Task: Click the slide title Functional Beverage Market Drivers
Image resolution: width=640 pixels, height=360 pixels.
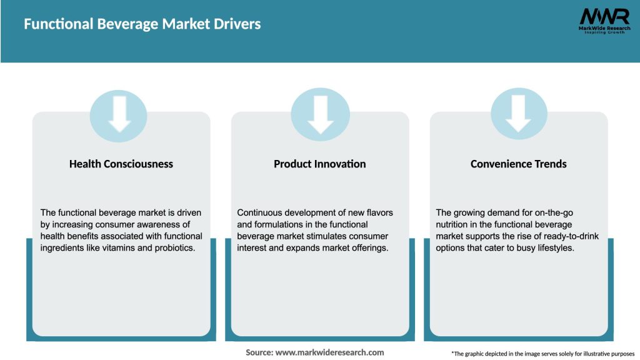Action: point(142,24)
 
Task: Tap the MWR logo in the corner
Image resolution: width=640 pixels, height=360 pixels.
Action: point(604,16)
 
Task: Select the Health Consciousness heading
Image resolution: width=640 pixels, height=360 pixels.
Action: point(121,164)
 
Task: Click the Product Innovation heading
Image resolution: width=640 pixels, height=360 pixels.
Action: point(320,164)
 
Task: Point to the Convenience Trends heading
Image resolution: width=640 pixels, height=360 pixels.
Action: point(519,164)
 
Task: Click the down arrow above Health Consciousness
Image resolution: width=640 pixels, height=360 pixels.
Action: point(119,114)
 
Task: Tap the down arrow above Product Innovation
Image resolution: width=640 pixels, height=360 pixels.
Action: point(320,114)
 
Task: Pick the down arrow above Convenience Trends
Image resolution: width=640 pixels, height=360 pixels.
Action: point(519,114)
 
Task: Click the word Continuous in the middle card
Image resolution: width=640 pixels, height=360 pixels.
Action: point(260,212)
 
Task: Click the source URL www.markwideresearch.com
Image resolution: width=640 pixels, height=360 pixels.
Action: point(330,352)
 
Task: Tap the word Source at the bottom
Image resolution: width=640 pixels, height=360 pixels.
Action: point(259,352)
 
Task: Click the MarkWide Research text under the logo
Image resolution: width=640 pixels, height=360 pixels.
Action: point(604,28)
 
